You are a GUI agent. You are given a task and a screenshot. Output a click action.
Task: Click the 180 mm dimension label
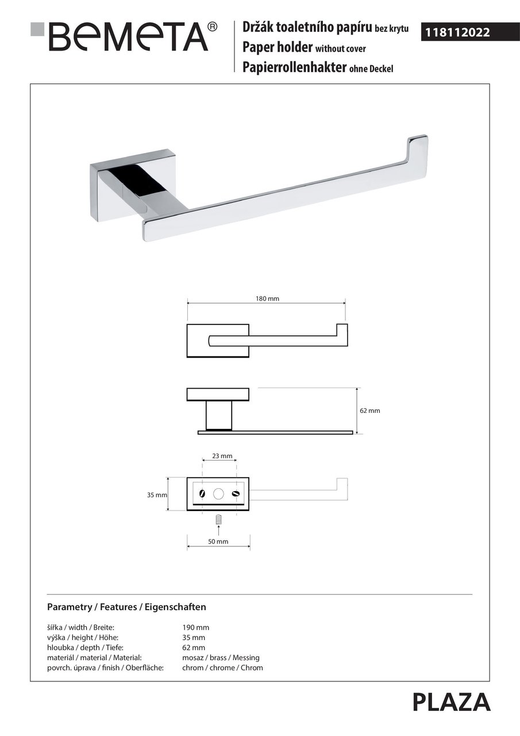pos(267,299)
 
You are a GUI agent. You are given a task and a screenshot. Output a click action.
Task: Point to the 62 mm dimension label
pos(371,411)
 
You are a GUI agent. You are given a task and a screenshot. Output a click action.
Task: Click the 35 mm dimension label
pos(157,494)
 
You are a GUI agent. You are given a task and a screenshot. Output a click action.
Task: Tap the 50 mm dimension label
pos(218,542)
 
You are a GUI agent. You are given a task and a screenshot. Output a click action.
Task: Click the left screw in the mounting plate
pos(202,493)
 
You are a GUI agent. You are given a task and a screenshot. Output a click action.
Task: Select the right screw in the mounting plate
pos(234,493)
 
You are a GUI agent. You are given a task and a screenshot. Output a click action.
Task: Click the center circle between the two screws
pos(218,493)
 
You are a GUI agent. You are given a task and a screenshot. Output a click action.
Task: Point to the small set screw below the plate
pos(218,519)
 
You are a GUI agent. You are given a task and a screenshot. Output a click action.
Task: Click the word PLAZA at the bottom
pos(451,703)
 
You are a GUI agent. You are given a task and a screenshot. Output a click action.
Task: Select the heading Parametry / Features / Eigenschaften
pos(126,607)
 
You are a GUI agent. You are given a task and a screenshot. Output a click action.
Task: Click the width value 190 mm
pos(195,627)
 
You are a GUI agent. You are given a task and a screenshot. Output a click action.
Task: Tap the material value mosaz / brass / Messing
pos(221,657)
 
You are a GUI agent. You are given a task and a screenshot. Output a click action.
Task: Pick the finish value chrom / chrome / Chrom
pos(222,668)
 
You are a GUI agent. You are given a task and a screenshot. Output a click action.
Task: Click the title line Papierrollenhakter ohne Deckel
pos(318,68)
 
